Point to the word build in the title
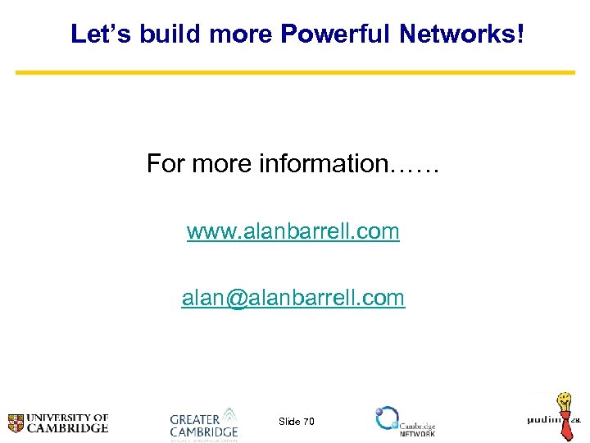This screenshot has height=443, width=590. pyautogui.click(x=165, y=34)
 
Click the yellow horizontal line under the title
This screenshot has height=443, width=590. pyautogui.click(x=295, y=72)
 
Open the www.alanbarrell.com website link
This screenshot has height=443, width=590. pyautogui.click(x=293, y=231)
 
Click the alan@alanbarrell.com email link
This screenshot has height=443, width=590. pyautogui.click(x=293, y=298)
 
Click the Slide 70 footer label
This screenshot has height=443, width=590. pyautogui.click(x=296, y=422)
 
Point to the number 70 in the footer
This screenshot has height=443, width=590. pyautogui.click(x=308, y=422)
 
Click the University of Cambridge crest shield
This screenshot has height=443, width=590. pyautogui.click(x=16, y=423)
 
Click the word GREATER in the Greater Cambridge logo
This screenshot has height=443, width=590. pyautogui.click(x=194, y=418)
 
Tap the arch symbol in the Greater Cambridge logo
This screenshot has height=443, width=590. pyautogui.click(x=229, y=415)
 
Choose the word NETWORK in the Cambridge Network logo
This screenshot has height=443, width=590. pyautogui.click(x=417, y=433)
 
